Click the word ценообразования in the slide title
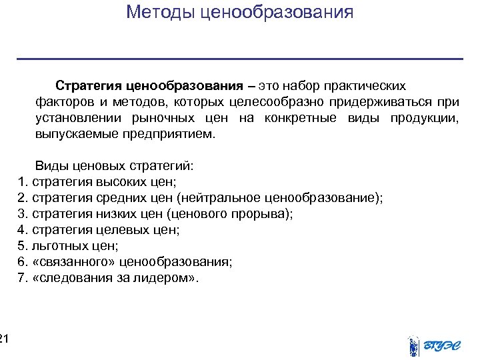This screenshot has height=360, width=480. coord(276,12)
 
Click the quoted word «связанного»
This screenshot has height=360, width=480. coord(68,262)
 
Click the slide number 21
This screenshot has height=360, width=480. coord(4,340)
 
